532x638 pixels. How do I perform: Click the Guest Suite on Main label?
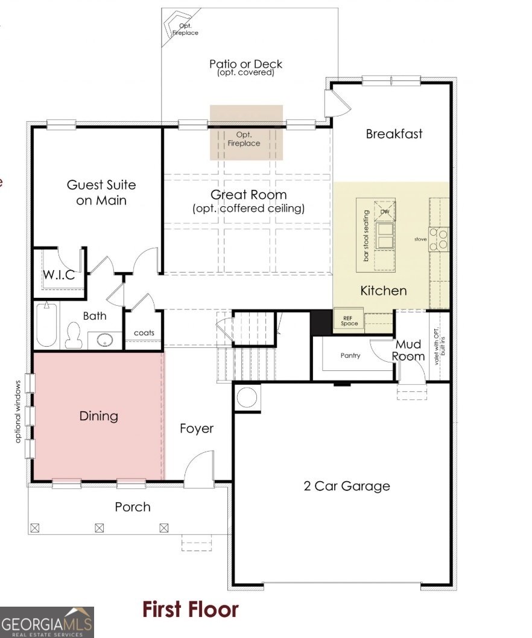click(x=101, y=192)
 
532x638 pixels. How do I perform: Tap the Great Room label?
click(x=249, y=195)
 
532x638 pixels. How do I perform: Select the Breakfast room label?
click(x=394, y=134)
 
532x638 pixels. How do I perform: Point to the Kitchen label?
click(x=384, y=291)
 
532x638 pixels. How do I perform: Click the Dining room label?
click(x=98, y=416)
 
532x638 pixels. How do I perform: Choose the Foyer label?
click(x=197, y=429)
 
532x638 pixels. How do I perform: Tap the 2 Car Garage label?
click(x=347, y=486)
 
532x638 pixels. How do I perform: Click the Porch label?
click(x=133, y=507)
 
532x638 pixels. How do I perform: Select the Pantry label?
click(x=350, y=356)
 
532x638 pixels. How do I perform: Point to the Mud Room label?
click(x=408, y=350)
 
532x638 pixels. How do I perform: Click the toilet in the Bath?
click(x=74, y=335)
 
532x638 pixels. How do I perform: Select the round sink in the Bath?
click(x=105, y=340)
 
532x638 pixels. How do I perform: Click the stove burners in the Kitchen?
click(x=439, y=239)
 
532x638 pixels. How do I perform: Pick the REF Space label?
click(x=349, y=321)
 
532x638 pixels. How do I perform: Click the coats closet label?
click(x=144, y=333)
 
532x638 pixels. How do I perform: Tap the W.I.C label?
click(x=59, y=274)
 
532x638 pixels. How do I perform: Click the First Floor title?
click(x=190, y=610)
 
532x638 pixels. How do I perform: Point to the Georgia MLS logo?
click(x=47, y=622)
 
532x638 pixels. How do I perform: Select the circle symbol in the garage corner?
click(x=247, y=397)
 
